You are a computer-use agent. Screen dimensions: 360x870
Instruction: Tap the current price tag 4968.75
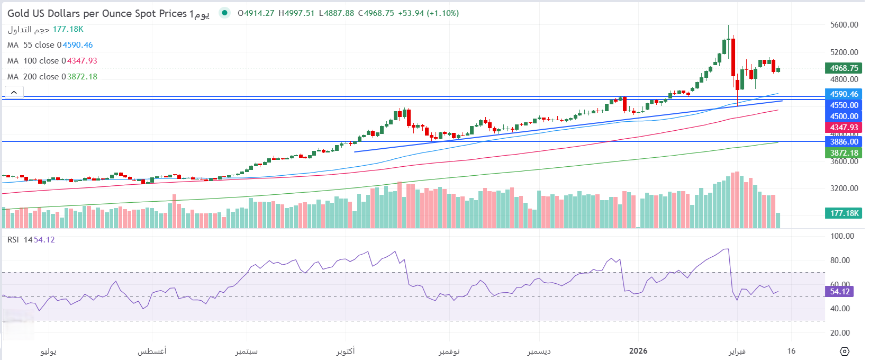tap(844, 68)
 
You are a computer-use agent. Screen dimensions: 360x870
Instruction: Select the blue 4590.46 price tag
tap(844, 94)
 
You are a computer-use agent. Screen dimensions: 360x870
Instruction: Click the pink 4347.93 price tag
tap(844, 128)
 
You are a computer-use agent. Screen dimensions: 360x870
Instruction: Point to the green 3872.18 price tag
tap(844, 153)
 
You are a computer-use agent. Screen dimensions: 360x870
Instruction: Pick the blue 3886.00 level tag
tap(844, 142)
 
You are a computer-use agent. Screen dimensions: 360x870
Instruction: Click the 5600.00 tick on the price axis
tap(844, 25)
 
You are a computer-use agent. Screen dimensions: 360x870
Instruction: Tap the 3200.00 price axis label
tap(844, 188)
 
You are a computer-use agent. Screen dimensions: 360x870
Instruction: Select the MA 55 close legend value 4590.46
tap(78, 45)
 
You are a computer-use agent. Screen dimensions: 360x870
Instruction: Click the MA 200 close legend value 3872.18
tap(82, 77)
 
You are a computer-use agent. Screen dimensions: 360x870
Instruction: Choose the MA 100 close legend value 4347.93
tap(82, 61)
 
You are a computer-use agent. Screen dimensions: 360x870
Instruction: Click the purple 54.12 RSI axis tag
tap(839, 292)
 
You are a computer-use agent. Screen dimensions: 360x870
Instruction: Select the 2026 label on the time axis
tap(638, 351)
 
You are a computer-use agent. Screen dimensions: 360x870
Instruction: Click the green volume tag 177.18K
tap(844, 213)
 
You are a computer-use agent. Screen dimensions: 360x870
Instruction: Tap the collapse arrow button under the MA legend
tap(14, 92)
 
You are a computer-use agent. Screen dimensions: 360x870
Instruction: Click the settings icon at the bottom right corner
tap(845, 352)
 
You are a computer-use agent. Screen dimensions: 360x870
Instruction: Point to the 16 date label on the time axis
tap(791, 351)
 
